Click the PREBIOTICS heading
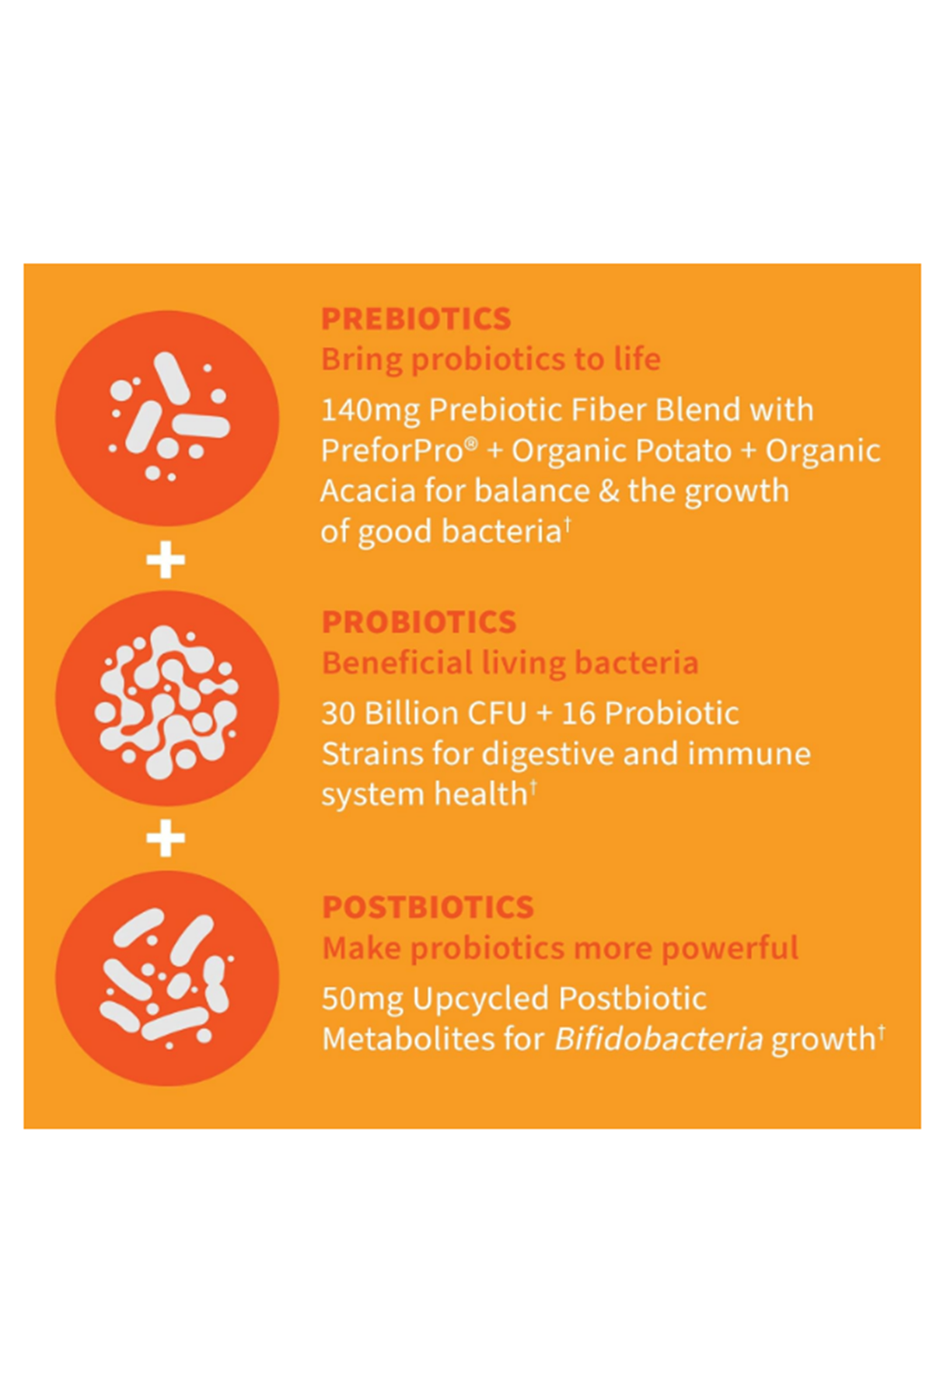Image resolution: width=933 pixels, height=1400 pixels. [x=416, y=319]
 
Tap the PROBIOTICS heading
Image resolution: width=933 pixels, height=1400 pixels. [x=419, y=622]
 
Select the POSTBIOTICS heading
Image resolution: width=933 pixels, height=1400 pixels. [x=428, y=907]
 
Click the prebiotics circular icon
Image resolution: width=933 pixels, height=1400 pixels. [x=167, y=418]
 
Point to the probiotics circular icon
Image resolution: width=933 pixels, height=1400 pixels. [x=167, y=698]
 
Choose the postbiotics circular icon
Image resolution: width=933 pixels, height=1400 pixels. [x=167, y=978]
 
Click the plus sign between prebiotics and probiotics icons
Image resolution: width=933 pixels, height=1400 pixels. [x=166, y=560]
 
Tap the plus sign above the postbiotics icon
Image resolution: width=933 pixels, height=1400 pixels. [x=166, y=838]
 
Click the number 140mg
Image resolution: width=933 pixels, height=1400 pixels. [x=370, y=410]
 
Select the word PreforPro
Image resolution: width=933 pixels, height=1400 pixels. [x=392, y=450]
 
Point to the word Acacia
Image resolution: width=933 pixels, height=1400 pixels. [x=368, y=491]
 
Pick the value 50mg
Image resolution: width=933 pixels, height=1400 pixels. [x=362, y=999]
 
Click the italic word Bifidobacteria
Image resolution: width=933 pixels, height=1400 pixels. [x=659, y=1039]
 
